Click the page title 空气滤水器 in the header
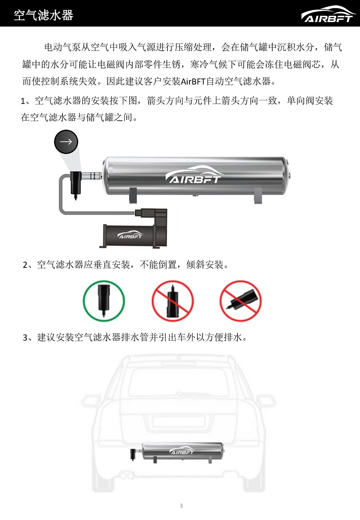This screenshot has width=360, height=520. point(44,15)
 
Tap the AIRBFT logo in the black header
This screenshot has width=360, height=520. point(328,14)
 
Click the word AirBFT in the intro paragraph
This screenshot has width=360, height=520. point(193,81)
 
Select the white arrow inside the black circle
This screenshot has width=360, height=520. point(66,142)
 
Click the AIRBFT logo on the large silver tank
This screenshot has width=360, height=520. point(193,174)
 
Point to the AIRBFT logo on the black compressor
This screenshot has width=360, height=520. point(130,235)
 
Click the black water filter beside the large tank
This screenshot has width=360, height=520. point(76,185)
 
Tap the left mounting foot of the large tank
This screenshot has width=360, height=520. point(133,195)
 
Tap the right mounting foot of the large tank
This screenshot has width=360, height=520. point(258,195)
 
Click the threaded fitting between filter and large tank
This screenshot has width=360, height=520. point(91,176)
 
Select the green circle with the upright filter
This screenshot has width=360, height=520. point(104,301)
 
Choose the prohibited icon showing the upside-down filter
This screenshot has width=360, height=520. point(173,301)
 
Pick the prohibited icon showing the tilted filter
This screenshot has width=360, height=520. point(241,301)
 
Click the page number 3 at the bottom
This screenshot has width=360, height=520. point(181,506)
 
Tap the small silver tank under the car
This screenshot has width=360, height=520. point(182,452)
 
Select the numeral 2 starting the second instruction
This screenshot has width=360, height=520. point(25,265)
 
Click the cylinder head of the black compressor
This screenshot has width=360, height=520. point(154,216)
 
